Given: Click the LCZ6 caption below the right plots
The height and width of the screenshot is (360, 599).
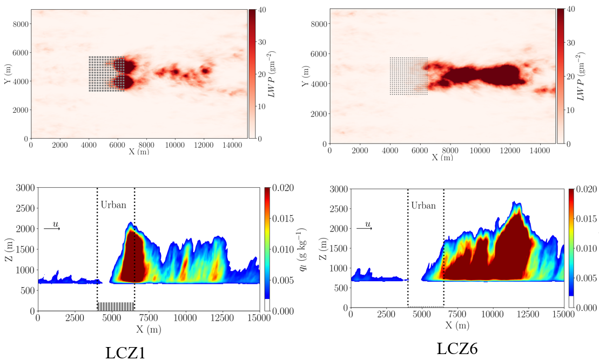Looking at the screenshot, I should pyautogui.click(x=460, y=349).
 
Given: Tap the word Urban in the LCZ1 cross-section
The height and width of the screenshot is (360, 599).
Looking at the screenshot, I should pyautogui.click(x=113, y=205).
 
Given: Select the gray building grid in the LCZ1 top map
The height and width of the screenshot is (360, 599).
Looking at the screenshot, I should pyautogui.click(x=107, y=74).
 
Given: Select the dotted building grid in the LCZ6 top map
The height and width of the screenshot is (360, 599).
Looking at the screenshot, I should pyautogui.click(x=408, y=76).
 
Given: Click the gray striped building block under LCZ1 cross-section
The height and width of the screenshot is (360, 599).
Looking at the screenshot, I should pyautogui.click(x=116, y=307).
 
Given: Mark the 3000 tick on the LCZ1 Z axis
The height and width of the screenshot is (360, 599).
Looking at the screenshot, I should pyautogui.click(x=24, y=188).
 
